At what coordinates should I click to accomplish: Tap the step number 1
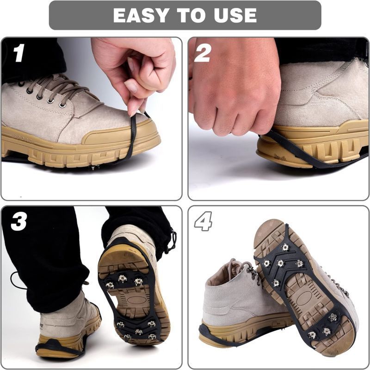pos(18,54)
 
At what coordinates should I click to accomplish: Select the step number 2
pos(202,54)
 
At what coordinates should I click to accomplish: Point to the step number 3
pos(18,222)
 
